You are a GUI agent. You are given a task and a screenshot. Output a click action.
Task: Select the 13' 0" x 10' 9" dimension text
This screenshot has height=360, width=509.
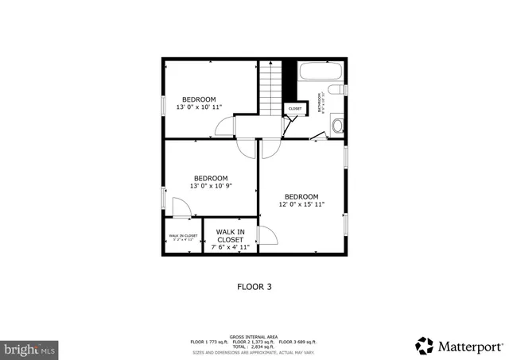coord(211,187)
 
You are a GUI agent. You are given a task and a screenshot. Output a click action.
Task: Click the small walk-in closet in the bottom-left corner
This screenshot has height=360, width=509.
coord(183,238)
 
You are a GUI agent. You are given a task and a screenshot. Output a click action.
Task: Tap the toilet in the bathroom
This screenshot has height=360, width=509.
coord(337,126)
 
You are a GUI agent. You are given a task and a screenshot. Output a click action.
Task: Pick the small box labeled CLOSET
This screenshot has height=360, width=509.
coord(295,108)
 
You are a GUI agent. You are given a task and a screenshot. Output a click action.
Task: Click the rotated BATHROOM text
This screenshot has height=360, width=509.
coord(321,103)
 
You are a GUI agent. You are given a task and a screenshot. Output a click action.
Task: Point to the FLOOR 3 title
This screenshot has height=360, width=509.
coord(254,287)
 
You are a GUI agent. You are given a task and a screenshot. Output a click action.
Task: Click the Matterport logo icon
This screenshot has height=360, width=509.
coord(424,346)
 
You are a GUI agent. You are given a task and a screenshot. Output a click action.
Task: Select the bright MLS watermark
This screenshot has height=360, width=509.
coord(30,348)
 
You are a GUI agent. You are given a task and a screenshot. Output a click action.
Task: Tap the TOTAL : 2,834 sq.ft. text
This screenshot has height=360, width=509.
coord(254,347)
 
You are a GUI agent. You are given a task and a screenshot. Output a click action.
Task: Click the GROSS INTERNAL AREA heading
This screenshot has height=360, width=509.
coord(254,336)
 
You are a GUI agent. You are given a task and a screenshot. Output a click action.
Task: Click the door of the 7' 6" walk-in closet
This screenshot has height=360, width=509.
coord(267,235)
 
